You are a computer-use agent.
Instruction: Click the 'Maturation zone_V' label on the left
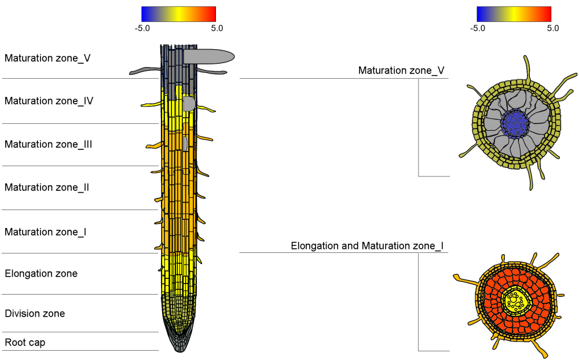tap(47, 58)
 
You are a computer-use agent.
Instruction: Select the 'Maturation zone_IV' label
tap(49, 101)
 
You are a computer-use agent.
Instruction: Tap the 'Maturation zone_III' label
tap(49, 144)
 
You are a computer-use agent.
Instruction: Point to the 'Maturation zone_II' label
tap(47, 188)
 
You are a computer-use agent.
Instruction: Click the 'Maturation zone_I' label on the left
tap(46, 232)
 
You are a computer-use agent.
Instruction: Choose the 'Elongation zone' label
tap(41, 273)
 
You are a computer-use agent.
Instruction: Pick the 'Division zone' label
tap(35, 314)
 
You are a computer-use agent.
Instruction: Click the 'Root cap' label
tap(25, 343)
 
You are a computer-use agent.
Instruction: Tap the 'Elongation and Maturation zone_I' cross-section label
tap(367, 246)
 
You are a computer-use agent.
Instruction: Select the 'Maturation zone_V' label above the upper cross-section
tap(401, 71)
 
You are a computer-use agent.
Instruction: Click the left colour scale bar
tap(178, 14)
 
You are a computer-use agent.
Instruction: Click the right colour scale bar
tap(514, 14)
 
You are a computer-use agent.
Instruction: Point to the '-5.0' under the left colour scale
tap(142, 28)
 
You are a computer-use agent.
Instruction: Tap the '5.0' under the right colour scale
tap(552, 28)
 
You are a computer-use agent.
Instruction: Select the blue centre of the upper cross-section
tap(514, 122)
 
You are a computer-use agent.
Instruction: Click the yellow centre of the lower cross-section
tap(514, 301)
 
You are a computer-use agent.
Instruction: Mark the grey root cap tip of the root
tap(179, 345)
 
